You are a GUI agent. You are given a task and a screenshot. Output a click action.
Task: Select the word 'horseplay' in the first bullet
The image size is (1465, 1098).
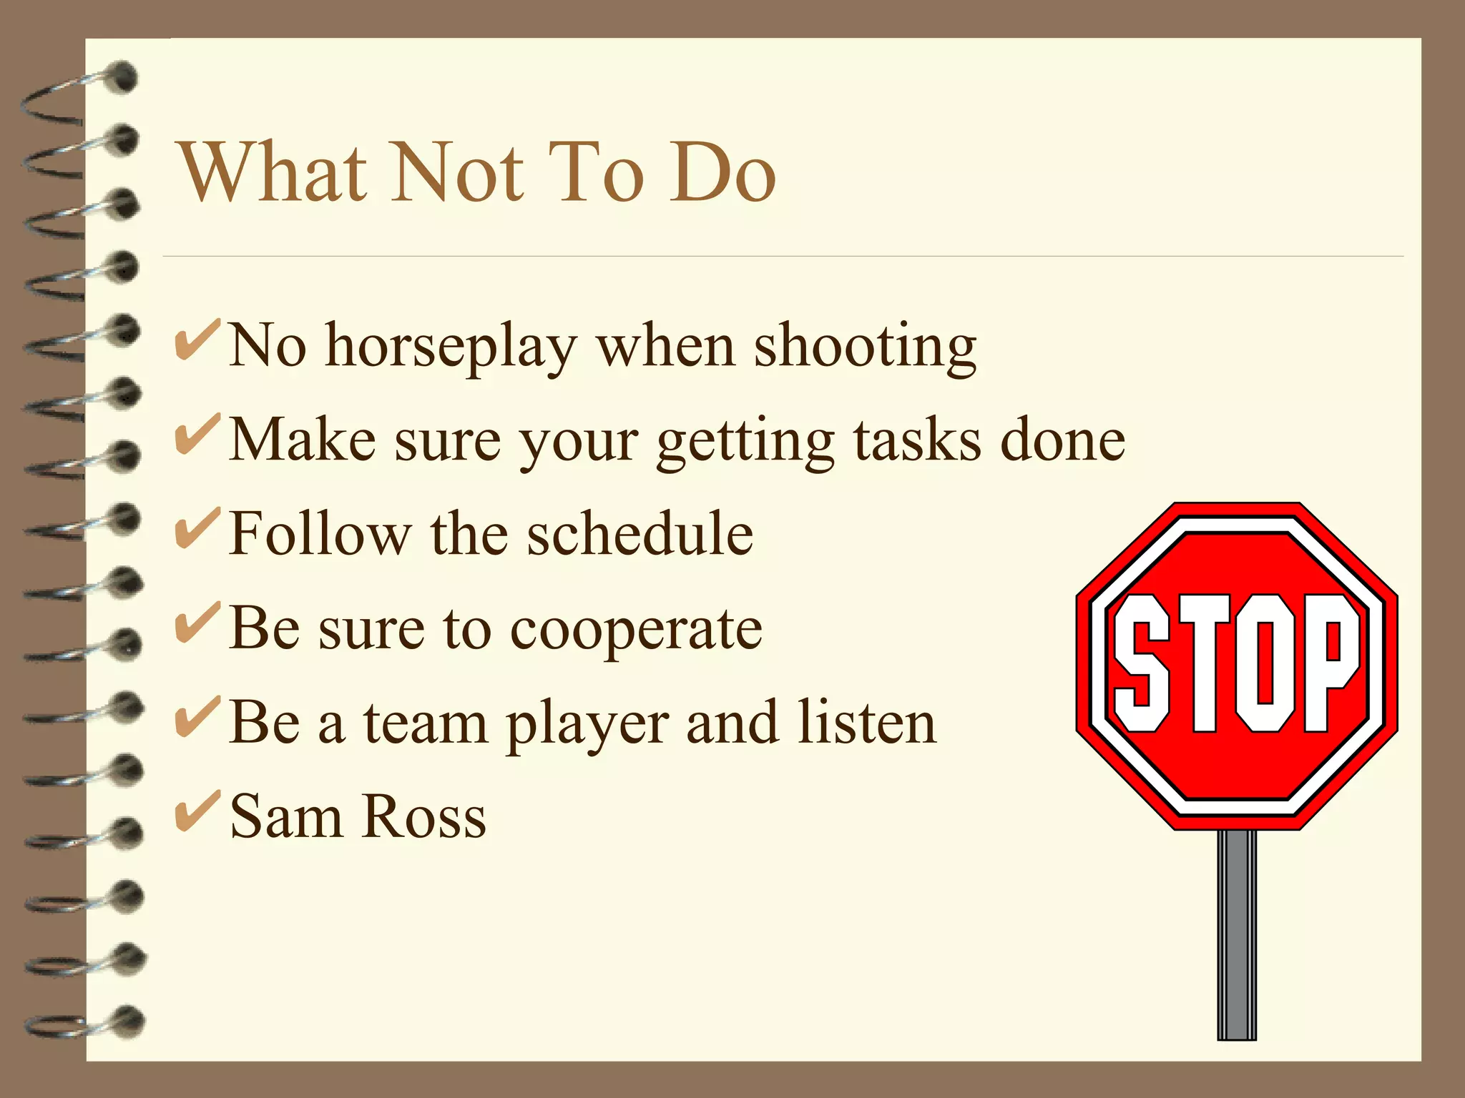pos(451,347)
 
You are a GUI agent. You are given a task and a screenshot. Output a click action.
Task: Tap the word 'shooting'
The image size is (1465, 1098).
pos(866,347)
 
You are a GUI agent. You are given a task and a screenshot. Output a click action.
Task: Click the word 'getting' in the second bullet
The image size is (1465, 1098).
pos(745,442)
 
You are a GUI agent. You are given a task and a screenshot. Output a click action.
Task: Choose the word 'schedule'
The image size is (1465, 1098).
pos(640,533)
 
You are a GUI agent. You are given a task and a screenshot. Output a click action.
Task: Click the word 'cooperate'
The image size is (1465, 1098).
pos(636,630)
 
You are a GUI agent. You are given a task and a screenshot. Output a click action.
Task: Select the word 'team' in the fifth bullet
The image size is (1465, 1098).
pos(425,723)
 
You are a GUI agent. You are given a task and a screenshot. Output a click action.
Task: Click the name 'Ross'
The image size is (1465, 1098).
pos(424,816)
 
